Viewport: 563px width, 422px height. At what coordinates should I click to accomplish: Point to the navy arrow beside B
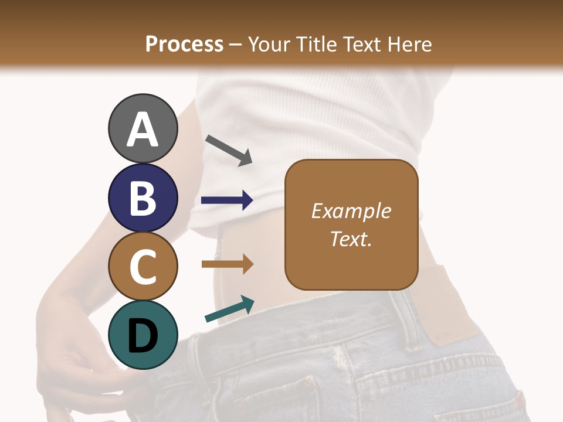tap(227, 200)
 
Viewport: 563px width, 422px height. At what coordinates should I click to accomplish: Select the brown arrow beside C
tap(227, 264)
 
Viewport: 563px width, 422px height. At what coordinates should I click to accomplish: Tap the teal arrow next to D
tap(229, 309)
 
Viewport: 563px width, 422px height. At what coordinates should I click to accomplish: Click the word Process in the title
tap(184, 45)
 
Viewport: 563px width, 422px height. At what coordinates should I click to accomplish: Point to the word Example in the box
tap(351, 211)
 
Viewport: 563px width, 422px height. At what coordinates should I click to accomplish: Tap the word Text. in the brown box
tap(351, 239)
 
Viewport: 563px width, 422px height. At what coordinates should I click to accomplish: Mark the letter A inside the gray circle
tap(143, 130)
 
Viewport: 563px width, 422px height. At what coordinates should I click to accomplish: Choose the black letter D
tap(143, 336)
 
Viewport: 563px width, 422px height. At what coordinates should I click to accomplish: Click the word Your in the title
tap(270, 45)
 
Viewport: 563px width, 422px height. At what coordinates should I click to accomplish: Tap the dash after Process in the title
tap(236, 45)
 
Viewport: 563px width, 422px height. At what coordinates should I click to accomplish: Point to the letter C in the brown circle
tap(143, 267)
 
